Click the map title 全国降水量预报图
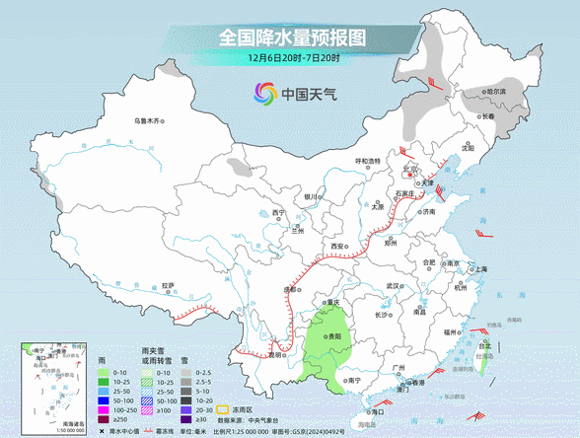pos(291,36)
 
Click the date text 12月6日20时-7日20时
pos(291,58)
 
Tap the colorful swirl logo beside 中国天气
pos(263,95)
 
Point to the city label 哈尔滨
pos(494,91)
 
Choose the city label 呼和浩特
pos(367,160)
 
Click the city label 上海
pos(480,268)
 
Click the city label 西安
pos(338,246)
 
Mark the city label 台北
pos(483,346)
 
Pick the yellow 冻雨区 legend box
pos(223,407)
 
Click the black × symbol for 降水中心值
pos(101,431)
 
